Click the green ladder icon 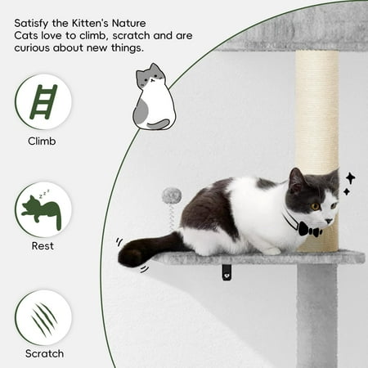point(43,102)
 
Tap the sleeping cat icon point(42,211)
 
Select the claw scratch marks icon point(43,319)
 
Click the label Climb point(42,141)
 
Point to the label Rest point(43,246)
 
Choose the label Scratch point(44,353)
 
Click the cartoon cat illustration point(154,97)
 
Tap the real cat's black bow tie point(310,229)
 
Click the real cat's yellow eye point(316,206)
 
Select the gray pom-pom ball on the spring point(172,195)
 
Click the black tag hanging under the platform point(227,272)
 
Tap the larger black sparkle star point(351,178)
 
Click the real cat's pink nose point(330,221)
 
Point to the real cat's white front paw point(270,251)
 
